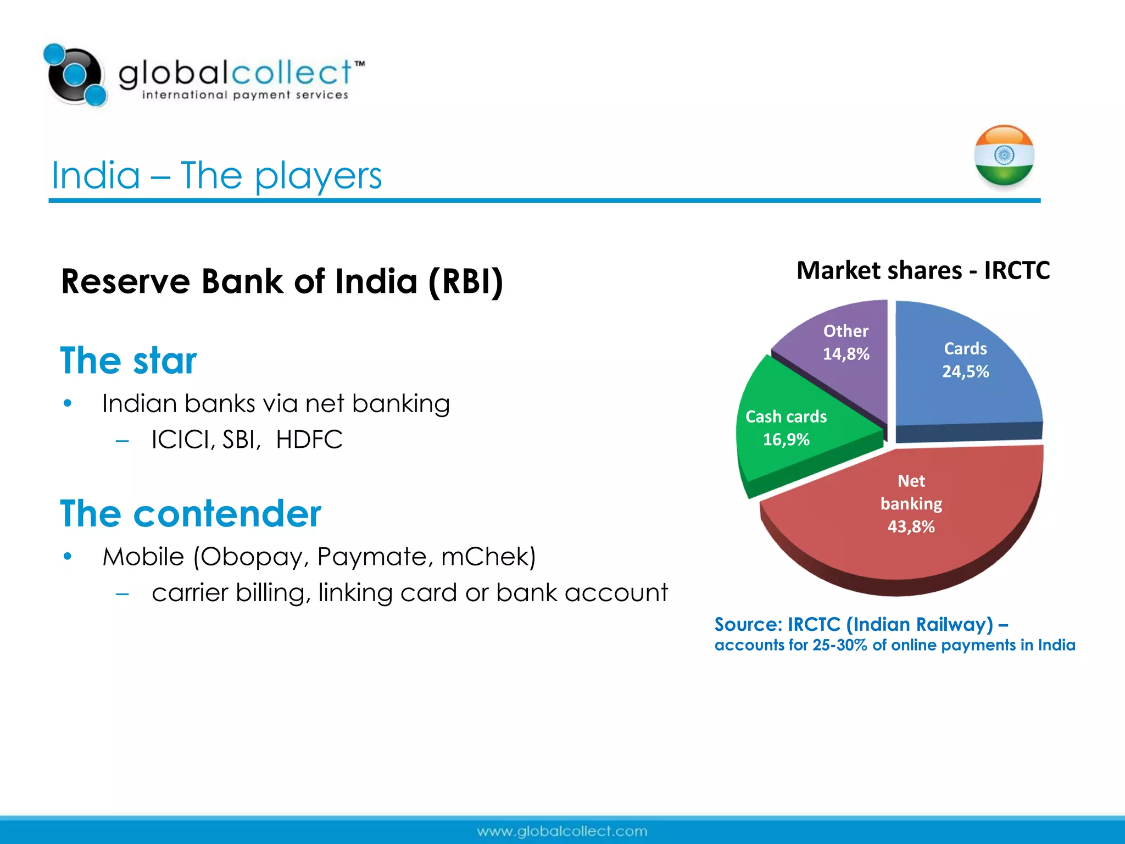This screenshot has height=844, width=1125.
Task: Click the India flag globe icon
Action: [x=1004, y=156]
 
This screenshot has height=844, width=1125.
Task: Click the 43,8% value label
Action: [x=911, y=526]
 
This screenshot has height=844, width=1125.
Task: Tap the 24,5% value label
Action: [x=965, y=371]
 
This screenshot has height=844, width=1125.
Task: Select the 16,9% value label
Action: [x=786, y=440]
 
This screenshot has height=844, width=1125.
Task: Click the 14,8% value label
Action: [x=845, y=354]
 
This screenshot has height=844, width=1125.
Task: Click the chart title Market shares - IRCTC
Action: [x=923, y=270]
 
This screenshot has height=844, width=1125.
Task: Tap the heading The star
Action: [x=128, y=360]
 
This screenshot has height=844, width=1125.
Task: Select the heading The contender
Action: [x=190, y=514]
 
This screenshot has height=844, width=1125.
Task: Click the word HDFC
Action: [x=309, y=440]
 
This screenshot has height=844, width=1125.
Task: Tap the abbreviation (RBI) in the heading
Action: [x=465, y=281]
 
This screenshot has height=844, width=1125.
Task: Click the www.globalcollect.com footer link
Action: [x=562, y=831]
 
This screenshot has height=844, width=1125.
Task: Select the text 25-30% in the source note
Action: [x=839, y=645]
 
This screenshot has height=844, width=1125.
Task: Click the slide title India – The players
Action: [x=216, y=175]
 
